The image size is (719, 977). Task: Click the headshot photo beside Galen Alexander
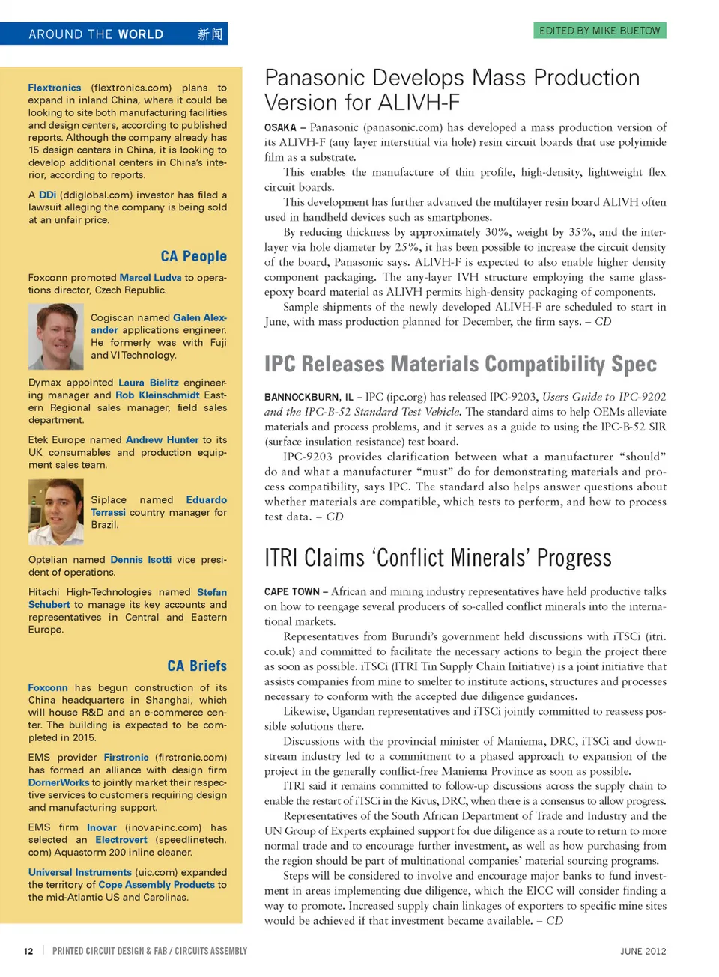coord(55,336)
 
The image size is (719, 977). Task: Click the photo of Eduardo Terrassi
coord(55,512)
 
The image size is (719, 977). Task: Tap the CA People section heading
coord(193,256)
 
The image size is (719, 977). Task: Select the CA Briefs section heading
coord(197,666)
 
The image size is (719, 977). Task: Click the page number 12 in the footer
coord(28,951)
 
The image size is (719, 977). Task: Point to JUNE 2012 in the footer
coord(643,951)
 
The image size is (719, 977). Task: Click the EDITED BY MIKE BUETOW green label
coord(600,31)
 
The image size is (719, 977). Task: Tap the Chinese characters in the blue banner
coord(210,34)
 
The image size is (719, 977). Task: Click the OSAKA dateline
coord(280,128)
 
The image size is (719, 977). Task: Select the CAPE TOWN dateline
coord(291,591)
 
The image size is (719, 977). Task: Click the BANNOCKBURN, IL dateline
coord(309,397)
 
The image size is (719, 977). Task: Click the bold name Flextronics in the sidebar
coord(55,88)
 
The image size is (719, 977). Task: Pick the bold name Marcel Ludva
coord(151,278)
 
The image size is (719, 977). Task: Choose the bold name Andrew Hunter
coord(162,440)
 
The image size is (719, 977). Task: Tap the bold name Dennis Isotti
coord(141,559)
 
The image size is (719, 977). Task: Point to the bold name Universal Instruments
coord(80,872)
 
